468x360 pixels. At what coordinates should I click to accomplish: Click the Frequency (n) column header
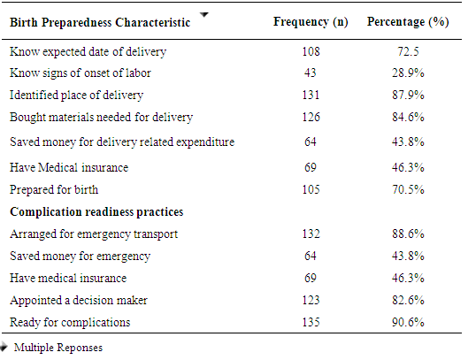(x=311, y=22)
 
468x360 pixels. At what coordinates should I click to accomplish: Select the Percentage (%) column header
(x=408, y=22)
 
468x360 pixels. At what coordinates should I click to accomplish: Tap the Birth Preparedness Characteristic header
(x=100, y=22)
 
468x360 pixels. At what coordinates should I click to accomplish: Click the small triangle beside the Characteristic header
(x=204, y=14)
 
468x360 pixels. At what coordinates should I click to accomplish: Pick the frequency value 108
(x=311, y=51)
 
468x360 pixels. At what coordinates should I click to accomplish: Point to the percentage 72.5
(x=408, y=51)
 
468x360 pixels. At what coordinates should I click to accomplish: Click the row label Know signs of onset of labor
(x=81, y=73)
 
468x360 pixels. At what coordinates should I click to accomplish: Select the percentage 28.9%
(x=408, y=73)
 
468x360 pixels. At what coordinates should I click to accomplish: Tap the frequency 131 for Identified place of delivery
(x=311, y=95)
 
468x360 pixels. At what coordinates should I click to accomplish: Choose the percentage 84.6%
(x=408, y=117)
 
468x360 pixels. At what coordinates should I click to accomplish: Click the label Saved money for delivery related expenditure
(x=122, y=142)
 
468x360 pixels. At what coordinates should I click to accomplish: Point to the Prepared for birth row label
(x=54, y=190)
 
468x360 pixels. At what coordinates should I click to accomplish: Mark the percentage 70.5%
(x=408, y=189)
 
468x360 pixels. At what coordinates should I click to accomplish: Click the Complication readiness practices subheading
(x=96, y=212)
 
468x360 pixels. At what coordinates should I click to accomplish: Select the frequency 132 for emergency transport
(x=311, y=234)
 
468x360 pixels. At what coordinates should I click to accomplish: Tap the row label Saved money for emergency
(x=80, y=257)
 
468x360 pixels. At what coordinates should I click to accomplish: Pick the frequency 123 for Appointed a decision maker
(x=311, y=300)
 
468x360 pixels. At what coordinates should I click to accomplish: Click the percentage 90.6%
(x=408, y=322)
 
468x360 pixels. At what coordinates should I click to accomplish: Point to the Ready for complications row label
(x=70, y=323)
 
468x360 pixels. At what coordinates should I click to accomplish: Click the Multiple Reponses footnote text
(x=58, y=348)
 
